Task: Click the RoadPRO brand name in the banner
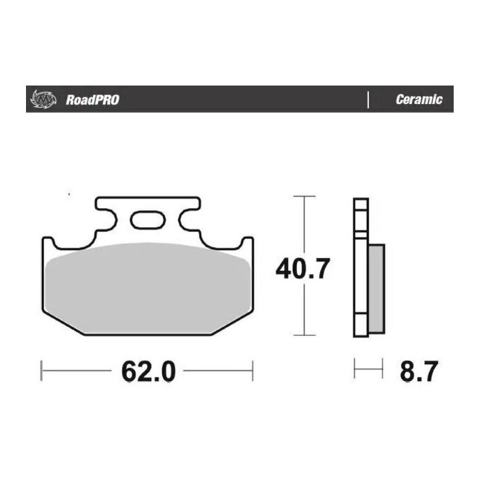[92, 100]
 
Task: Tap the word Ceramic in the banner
[419, 100]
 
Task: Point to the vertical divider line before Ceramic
[369, 100]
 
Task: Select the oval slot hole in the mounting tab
[146, 220]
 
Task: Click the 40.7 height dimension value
[302, 268]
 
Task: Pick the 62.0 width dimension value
[148, 372]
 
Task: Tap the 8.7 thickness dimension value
[416, 372]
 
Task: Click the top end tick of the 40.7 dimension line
[304, 196]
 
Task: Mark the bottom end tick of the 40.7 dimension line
[304, 335]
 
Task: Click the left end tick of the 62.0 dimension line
[42, 372]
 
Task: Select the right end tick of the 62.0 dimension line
[253, 372]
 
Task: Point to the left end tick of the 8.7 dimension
[354, 372]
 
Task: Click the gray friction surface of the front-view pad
[147, 287]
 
